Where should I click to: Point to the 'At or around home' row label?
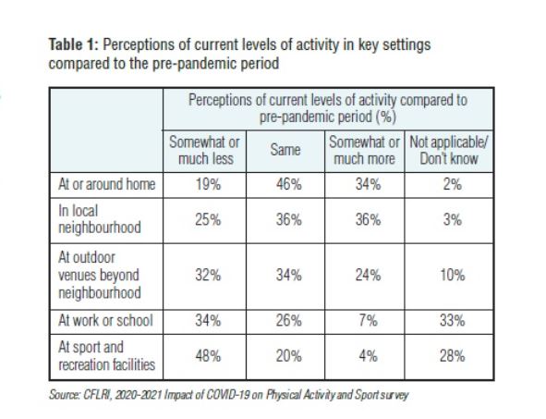point(103,182)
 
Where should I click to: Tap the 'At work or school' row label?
point(102,322)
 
